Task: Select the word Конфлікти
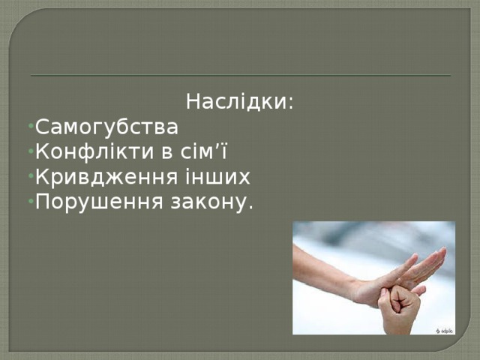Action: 93,151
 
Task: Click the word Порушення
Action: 96,202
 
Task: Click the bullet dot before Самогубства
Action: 28,126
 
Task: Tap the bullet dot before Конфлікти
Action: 28,152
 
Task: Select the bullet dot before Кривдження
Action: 28,178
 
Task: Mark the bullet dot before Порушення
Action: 28,203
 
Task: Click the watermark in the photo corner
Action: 443,329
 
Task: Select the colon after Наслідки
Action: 289,103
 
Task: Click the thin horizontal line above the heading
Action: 240,76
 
